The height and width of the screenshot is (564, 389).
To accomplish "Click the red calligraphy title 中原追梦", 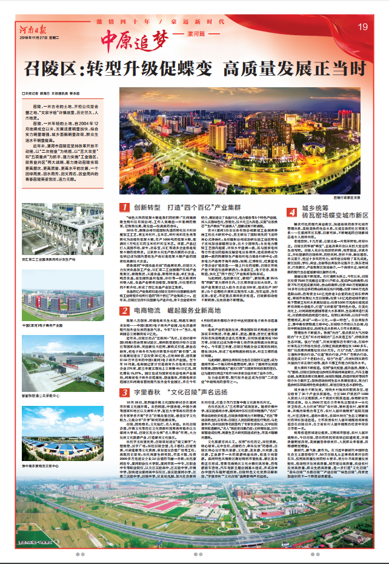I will (x=131, y=39).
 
